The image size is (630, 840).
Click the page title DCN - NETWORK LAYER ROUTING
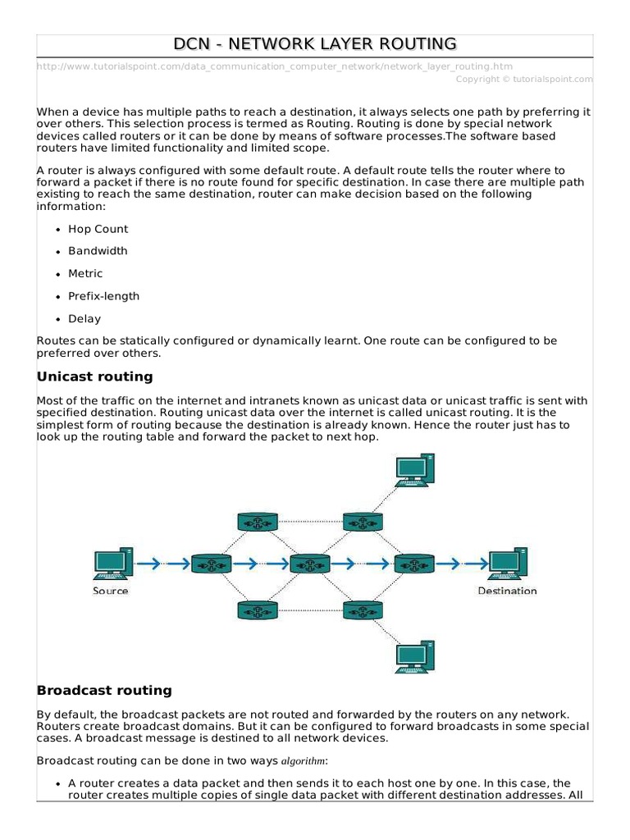pyautogui.click(x=314, y=44)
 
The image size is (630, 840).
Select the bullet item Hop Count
pyautogui.click(x=98, y=229)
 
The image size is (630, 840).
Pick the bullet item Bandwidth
pyautogui.click(x=98, y=251)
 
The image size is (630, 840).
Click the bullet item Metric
pyautogui.click(x=85, y=273)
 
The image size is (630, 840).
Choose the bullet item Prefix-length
pyautogui.click(x=103, y=296)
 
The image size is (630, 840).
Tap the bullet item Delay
pyautogui.click(x=84, y=318)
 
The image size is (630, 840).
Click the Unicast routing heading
pyautogui.click(x=95, y=377)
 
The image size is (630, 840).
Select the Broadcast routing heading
pyautogui.click(x=104, y=690)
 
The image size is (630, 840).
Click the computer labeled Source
pyautogui.click(x=111, y=562)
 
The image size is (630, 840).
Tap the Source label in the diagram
pyautogui.click(x=111, y=591)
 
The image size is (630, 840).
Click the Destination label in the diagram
pyautogui.click(x=507, y=591)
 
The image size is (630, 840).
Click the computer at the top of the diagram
pyautogui.click(x=415, y=471)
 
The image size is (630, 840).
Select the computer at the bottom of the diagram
pyautogui.click(x=415, y=655)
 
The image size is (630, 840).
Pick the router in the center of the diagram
pyautogui.click(x=310, y=564)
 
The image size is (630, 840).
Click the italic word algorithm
pyautogui.click(x=304, y=760)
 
